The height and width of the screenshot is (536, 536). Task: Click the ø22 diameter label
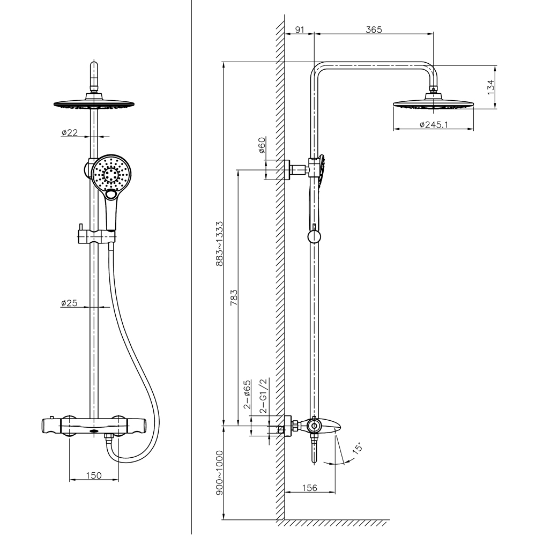click(x=69, y=132)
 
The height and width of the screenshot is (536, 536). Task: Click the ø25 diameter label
click(x=69, y=303)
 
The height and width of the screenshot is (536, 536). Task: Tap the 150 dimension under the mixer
click(x=94, y=475)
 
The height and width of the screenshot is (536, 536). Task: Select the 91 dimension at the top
click(x=300, y=29)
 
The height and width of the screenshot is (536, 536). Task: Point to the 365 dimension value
click(x=374, y=29)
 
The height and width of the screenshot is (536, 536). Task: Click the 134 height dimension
click(x=490, y=87)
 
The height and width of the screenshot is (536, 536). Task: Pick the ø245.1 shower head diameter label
click(x=434, y=124)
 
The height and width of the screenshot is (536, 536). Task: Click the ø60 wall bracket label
click(x=262, y=145)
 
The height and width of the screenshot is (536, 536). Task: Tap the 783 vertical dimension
click(x=234, y=297)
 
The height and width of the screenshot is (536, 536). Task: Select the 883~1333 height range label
click(x=219, y=243)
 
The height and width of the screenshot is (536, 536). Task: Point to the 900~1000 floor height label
click(x=219, y=473)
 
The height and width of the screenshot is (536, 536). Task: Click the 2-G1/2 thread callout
click(x=263, y=396)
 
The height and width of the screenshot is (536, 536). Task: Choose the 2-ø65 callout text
click(x=247, y=394)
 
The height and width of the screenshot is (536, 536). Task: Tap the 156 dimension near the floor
click(x=310, y=488)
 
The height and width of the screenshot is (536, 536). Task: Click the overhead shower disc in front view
click(x=94, y=103)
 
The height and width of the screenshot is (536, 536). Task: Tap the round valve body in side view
click(x=314, y=426)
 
